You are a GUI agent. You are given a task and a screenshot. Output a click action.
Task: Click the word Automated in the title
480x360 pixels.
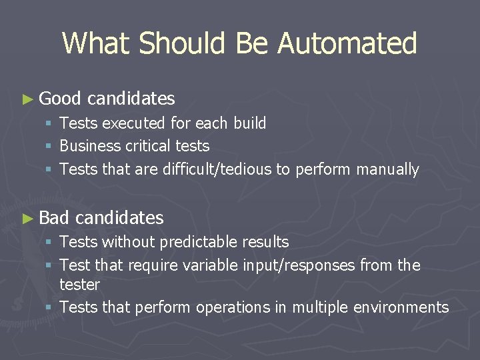point(347,43)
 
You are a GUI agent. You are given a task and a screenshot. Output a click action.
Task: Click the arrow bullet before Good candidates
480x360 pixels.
point(27,99)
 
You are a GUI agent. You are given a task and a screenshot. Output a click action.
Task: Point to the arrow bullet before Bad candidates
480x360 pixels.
point(27,218)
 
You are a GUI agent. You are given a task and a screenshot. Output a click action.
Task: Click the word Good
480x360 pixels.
point(60,99)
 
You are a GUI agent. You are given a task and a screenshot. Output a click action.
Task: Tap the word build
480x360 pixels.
point(250,123)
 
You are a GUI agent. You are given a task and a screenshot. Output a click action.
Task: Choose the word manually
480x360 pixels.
point(387,169)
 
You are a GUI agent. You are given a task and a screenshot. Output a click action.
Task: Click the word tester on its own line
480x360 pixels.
point(79,285)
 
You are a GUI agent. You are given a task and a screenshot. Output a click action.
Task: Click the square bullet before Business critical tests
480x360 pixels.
point(49,147)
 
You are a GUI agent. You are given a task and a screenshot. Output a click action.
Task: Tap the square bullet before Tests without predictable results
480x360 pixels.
point(49,243)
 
